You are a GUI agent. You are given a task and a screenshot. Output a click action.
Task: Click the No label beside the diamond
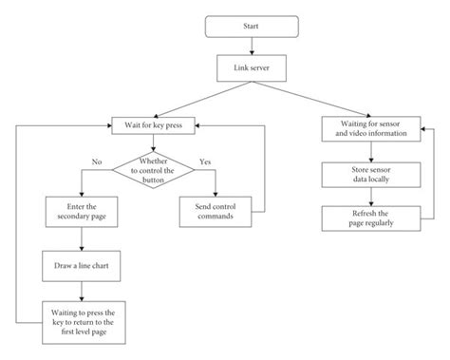point(97,161)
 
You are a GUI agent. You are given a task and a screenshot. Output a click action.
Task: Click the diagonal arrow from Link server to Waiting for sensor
point(313,98)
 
